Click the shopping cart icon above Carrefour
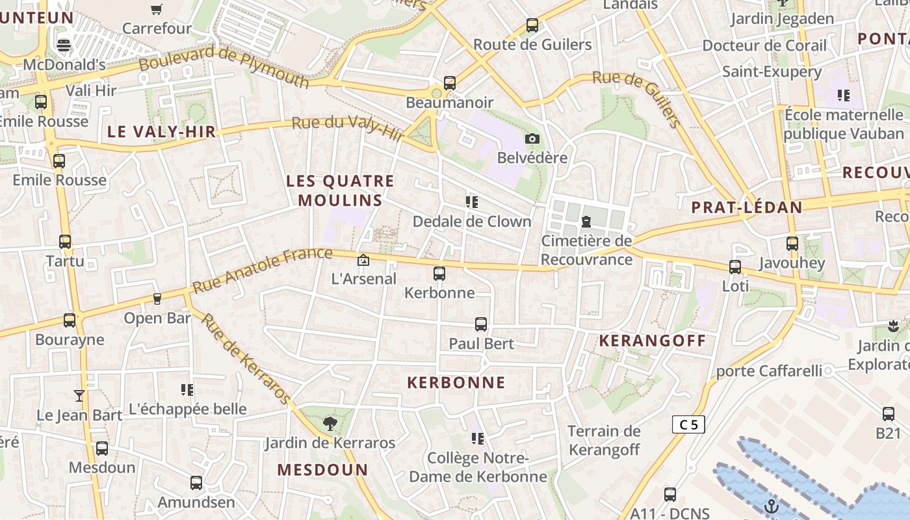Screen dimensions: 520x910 pyautogui.click(x=156, y=9)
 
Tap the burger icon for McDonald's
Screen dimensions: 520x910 pyautogui.click(x=64, y=45)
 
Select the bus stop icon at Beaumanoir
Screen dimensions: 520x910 pyautogui.click(x=450, y=83)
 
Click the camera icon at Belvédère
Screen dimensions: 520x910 pyautogui.click(x=532, y=138)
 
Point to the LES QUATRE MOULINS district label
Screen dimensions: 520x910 pyautogui.click(x=341, y=190)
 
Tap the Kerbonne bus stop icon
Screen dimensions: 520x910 pyautogui.click(x=439, y=274)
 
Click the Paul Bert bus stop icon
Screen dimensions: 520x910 pyautogui.click(x=481, y=324)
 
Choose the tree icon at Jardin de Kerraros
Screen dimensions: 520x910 pyautogui.click(x=330, y=424)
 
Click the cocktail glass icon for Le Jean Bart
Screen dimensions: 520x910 pyautogui.click(x=79, y=395)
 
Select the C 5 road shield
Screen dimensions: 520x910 pyautogui.click(x=688, y=425)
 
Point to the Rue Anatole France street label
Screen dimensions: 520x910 pyautogui.click(x=263, y=269)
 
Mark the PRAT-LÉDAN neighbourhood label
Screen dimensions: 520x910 pyautogui.click(x=747, y=207)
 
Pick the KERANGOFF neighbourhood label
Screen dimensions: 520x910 pyautogui.click(x=653, y=341)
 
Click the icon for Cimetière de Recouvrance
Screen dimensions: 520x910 pyautogui.click(x=586, y=222)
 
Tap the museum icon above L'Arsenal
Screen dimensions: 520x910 pyautogui.click(x=363, y=260)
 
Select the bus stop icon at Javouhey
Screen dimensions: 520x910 pyautogui.click(x=792, y=244)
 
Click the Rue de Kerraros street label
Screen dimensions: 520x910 pyautogui.click(x=246, y=358)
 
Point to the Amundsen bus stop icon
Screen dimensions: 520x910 pyautogui.click(x=196, y=483)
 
